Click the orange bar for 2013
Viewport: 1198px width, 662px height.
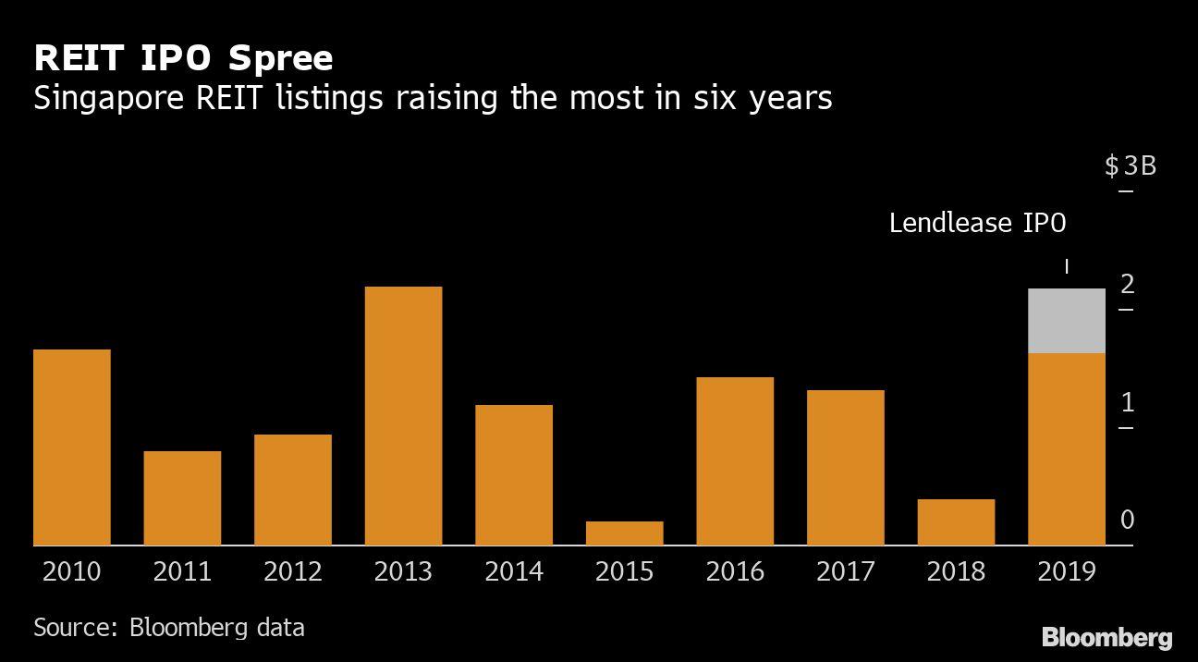point(403,416)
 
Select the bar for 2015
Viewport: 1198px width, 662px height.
point(625,533)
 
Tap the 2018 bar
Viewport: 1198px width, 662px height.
point(956,522)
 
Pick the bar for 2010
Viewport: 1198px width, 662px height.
point(72,447)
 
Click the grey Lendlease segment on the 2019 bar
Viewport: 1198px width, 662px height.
point(1067,321)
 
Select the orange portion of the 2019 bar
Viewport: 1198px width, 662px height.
point(1067,449)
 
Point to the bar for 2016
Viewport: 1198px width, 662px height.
point(735,461)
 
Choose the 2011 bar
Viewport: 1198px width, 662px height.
point(182,498)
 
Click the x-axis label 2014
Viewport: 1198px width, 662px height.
point(514,572)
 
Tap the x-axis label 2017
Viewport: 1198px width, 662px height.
point(846,572)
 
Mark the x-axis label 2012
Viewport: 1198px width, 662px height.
point(293,572)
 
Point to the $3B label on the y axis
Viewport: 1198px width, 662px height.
point(1130,166)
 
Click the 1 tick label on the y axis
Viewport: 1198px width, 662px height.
point(1127,402)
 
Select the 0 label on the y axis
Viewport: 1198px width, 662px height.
point(1127,520)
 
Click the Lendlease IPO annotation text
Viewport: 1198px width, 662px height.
point(977,223)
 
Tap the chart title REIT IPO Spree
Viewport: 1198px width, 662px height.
point(183,58)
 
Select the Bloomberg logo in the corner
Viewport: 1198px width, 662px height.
point(1106,637)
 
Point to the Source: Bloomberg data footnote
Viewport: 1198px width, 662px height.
point(168,628)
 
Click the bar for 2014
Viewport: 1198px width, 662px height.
point(514,475)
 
